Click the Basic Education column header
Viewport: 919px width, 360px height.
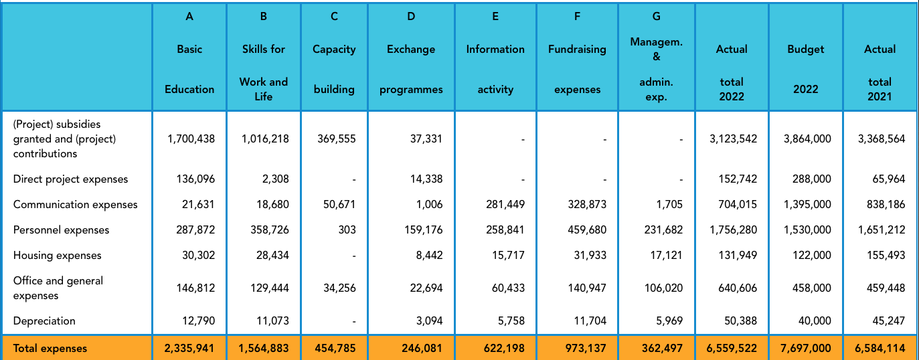pyautogui.click(x=189, y=69)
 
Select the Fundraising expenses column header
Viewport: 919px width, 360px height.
pyautogui.click(x=577, y=69)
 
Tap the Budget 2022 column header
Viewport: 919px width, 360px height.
pyautogui.click(x=806, y=69)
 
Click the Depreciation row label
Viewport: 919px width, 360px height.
pyautogui.click(x=44, y=321)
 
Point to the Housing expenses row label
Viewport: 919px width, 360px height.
pyautogui.click(x=58, y=256)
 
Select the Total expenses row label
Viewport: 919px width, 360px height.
pyautogui.click(x=50, y=349)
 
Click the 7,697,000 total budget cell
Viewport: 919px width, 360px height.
pyautogui.click(x=807, y=349)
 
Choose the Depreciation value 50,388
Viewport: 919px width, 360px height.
pyautogui.click(x=740, y=321)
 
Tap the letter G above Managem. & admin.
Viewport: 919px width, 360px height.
pyautogui.click(x=656, y=17)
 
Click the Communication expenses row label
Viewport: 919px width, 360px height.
pyautogui.click(x=76, y=205)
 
